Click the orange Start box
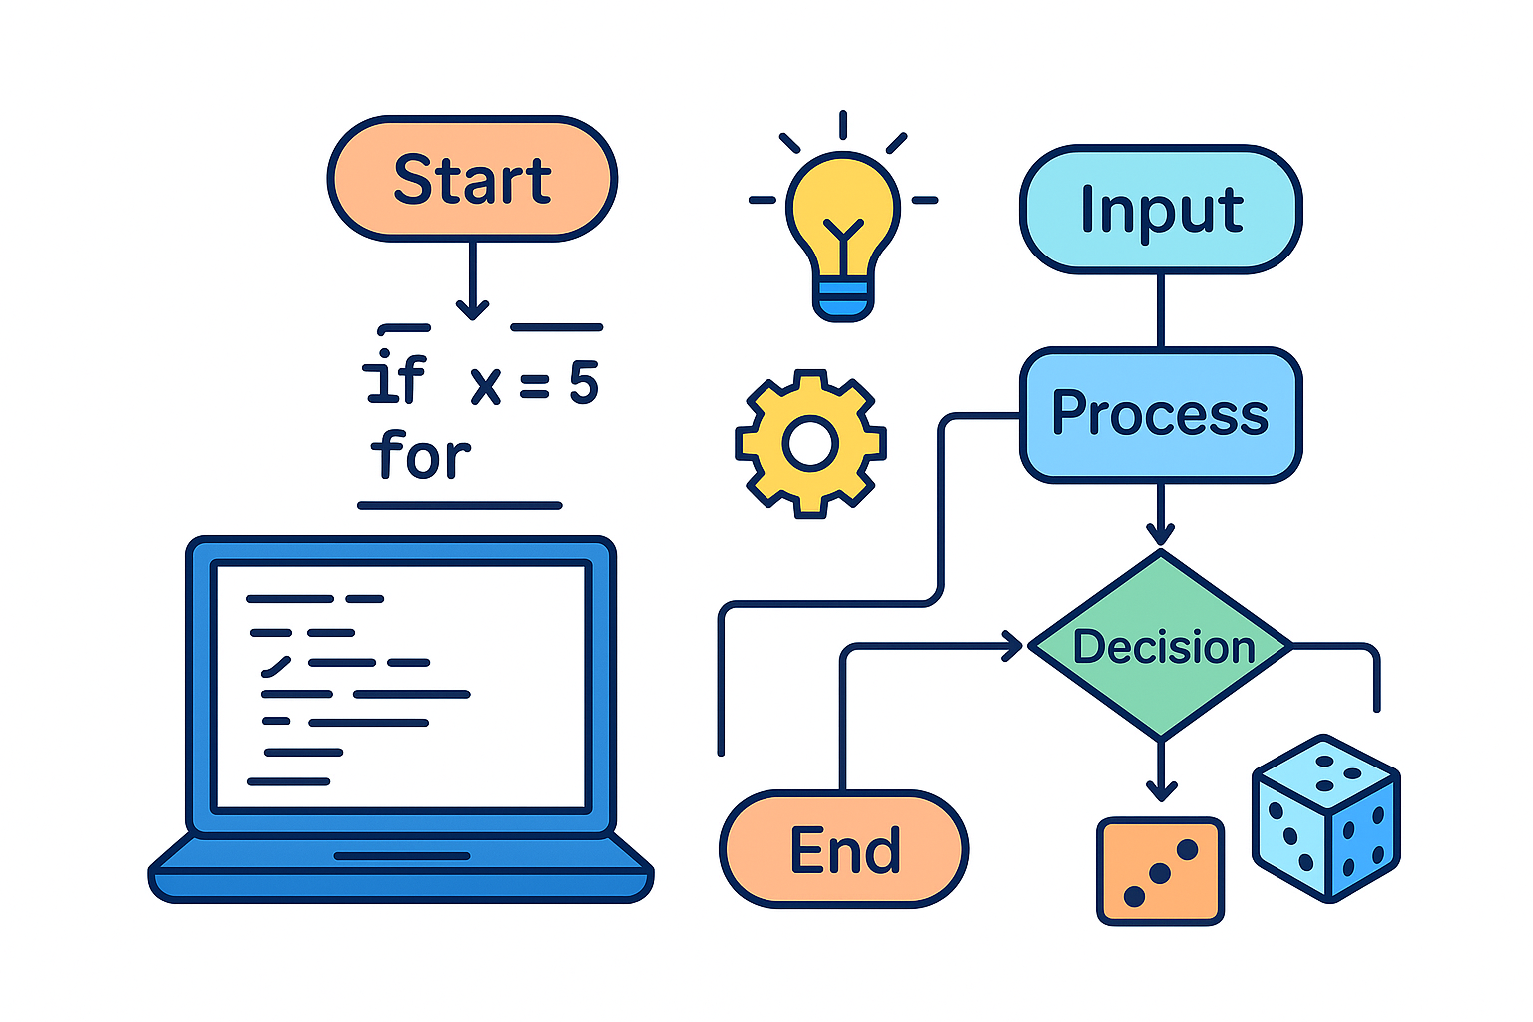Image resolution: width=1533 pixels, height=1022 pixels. pos(472,179)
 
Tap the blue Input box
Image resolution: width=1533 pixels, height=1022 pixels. pos(1161,210)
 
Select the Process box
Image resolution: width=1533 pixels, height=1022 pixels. pos(1161,414)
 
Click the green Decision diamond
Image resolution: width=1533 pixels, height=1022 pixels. pos(1161,647)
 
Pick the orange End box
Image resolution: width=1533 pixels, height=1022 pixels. pos(844,850)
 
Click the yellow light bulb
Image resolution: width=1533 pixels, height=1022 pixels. pos(843,215)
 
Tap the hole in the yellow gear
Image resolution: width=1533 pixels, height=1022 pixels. pos(809,443)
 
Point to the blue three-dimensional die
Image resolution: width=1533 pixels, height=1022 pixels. pos(1326,818)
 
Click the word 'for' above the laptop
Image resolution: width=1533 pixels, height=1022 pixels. pos(420,457)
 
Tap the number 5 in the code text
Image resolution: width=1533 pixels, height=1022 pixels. pos(584,383)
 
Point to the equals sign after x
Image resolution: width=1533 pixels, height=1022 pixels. pos(534,385)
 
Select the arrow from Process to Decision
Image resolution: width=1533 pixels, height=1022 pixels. pos(1160,514)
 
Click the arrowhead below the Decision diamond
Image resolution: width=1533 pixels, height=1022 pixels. pos(1160,788)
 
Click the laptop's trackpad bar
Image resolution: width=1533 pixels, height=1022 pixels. pos(401,855)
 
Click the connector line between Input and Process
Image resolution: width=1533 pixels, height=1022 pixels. pos(1160,310)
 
